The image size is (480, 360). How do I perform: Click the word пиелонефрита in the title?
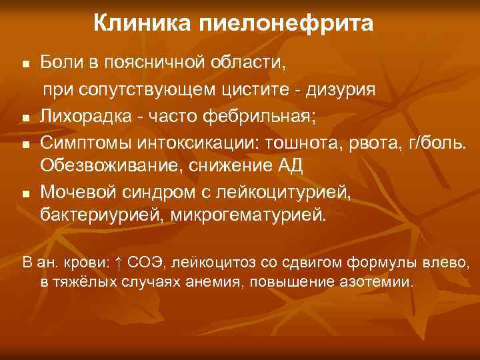[x=287, y=25]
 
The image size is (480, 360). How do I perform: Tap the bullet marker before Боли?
[x=25, y=65]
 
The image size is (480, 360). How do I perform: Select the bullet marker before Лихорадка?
[x=25, y=119]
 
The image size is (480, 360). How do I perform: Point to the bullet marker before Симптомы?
[x=25, y=144]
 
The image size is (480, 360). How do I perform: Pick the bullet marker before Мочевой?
[x=25, y=195]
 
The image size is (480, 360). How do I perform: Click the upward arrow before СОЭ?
[x=116, y=263]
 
